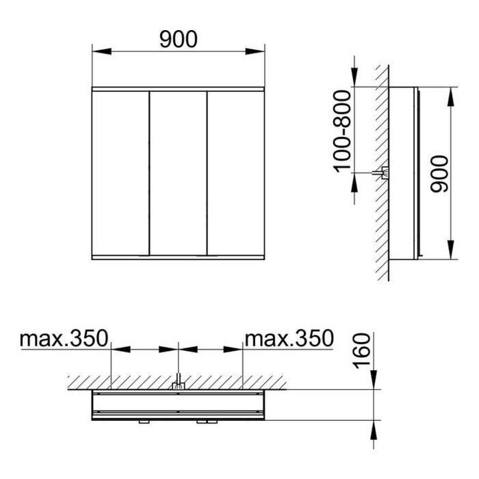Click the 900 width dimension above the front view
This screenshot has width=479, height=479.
(x=179, y=39)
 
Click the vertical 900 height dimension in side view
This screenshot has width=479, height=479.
(x=439, y=174)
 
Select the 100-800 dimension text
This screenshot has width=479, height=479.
(x=342, y=131)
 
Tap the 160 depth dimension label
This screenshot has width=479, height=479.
(x=361, y=350)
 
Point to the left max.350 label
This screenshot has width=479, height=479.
(x=64, y=339)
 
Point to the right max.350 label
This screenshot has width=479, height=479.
(x=289, y=339)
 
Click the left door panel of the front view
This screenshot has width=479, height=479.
(x=120, y=173)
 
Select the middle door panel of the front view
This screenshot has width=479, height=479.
(x=178, y=173)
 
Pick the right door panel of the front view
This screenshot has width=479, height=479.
(x=236, y=173)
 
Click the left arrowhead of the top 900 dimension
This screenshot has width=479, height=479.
(x=101, y=51)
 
